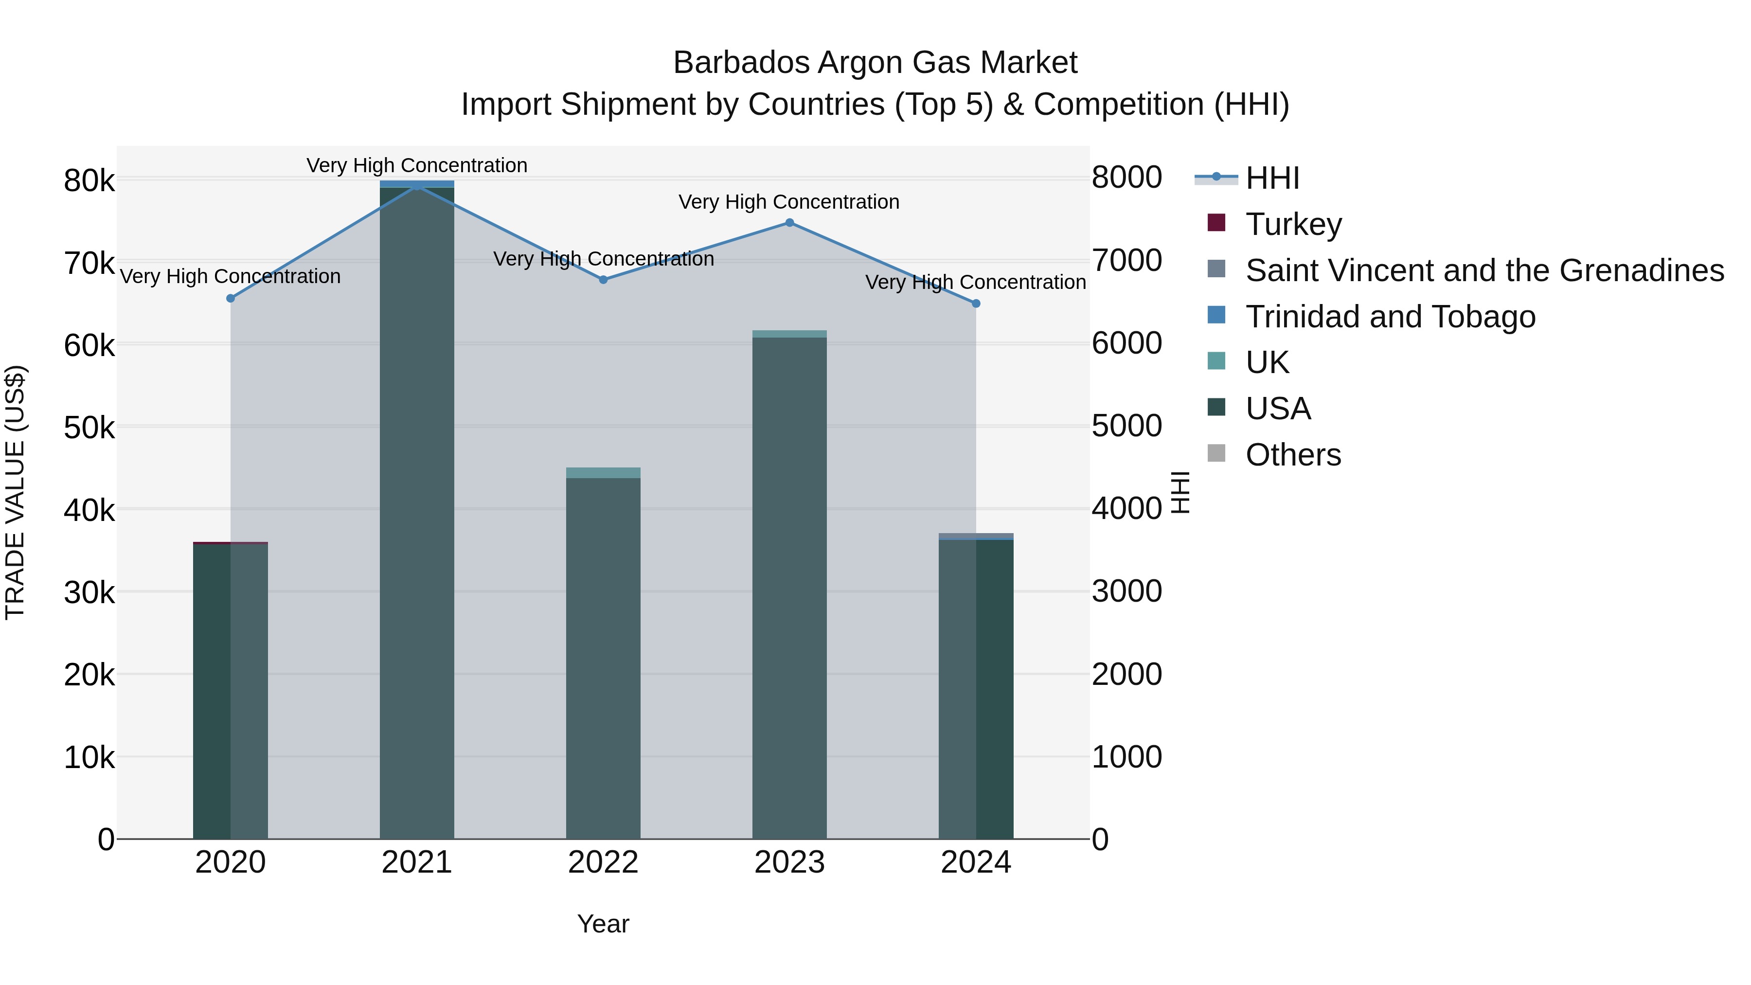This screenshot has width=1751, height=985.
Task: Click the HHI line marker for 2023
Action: click(789, 223)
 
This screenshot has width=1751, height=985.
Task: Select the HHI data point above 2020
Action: click(231, 299)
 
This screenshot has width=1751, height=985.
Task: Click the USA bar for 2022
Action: click(603, 660)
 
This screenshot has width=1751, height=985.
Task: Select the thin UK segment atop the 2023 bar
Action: click(789, 334)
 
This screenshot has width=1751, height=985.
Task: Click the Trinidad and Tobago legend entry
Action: click(1390, 317)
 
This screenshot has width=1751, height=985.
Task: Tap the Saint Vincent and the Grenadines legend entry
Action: click(1484, 270)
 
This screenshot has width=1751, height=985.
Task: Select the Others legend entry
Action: click(1293, 455)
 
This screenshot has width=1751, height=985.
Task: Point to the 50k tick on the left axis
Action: click(89, 428)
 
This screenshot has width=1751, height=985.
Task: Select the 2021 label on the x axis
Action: click(417, 862)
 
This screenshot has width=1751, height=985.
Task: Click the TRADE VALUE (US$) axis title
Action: click(16, 492)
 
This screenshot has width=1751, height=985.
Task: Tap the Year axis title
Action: click(603, 924)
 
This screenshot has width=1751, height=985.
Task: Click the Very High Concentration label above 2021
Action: click(417, 166)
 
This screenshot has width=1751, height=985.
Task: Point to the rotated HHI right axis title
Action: click(1180, 492)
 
